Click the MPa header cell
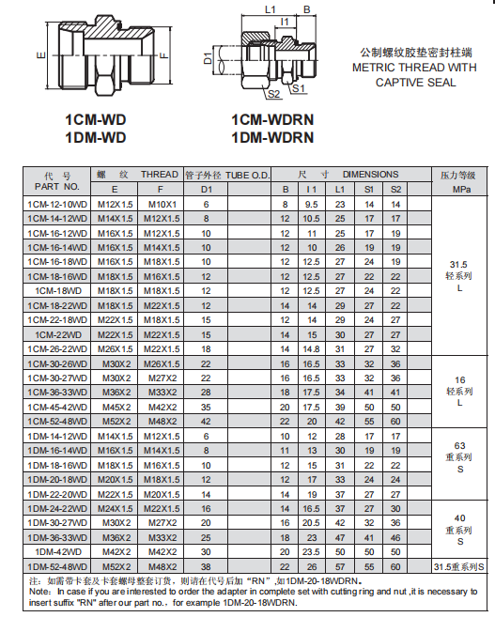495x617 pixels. [460, 189]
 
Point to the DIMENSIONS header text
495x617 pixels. [370, 175]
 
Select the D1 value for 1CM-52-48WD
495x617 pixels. [207, 422]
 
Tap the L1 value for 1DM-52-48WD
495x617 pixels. [341, 567]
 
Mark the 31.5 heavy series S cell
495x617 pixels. [459, 567]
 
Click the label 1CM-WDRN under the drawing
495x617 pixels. [271, 120]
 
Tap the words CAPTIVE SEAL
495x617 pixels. [416, 83]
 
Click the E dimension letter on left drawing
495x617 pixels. [41, 55]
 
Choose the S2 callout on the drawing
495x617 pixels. [273, 95]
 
